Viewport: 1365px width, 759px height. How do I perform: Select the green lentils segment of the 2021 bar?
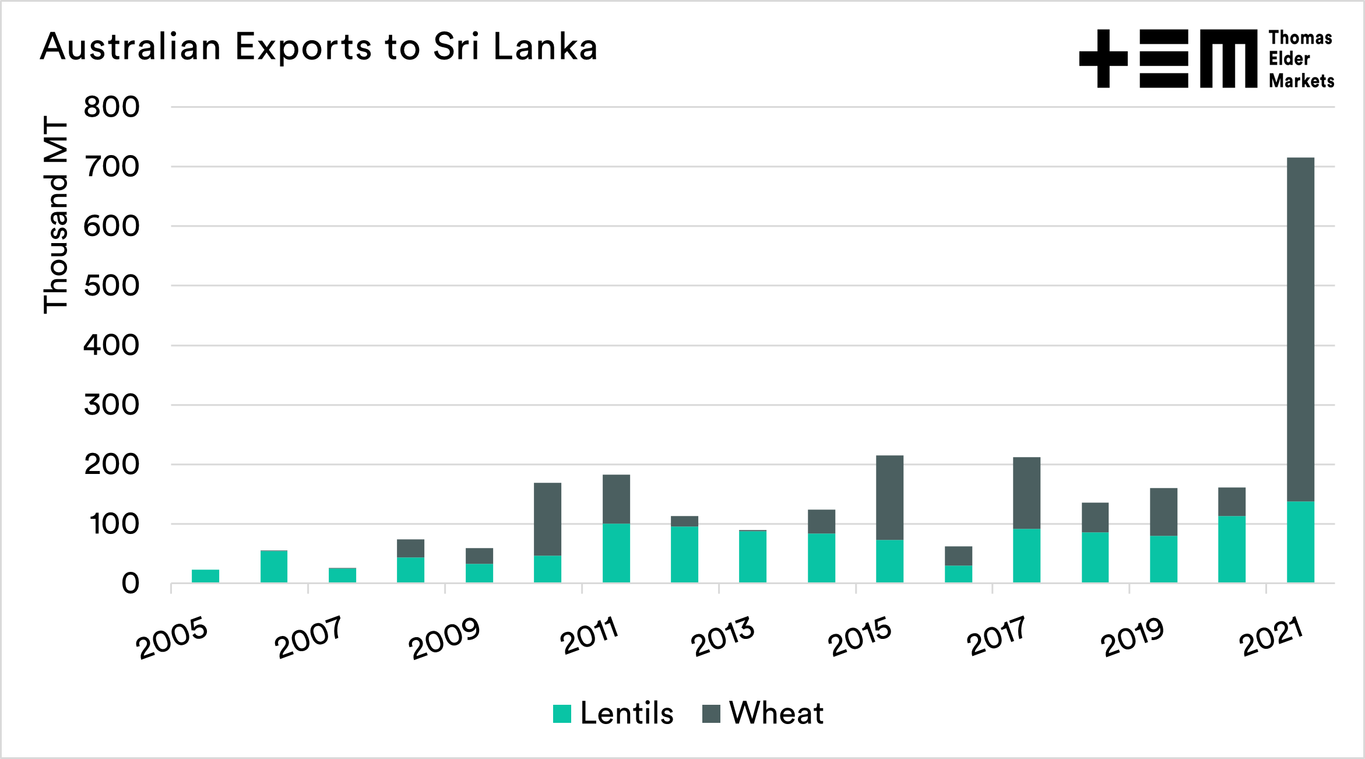1300,542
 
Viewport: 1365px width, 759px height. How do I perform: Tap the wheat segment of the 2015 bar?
889,497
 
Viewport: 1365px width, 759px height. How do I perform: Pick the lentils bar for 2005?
205,576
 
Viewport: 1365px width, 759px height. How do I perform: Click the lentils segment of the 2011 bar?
616,553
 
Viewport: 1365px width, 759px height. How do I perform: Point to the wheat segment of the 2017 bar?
1026,493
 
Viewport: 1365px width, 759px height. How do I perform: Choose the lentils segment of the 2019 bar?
1163,559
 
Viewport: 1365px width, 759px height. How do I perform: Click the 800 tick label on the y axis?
111,107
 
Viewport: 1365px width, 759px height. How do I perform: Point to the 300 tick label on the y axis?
111,405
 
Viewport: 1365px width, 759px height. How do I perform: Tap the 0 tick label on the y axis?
130,584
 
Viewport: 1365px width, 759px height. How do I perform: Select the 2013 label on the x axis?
723,638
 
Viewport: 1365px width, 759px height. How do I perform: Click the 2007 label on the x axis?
308,638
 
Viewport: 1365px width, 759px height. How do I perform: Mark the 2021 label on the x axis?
1271,638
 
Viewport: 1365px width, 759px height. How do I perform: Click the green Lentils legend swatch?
562,714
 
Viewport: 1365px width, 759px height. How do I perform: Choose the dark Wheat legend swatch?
711,714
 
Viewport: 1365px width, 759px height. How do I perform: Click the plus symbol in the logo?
1103,58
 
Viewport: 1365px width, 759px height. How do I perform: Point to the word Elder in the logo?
1289,59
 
